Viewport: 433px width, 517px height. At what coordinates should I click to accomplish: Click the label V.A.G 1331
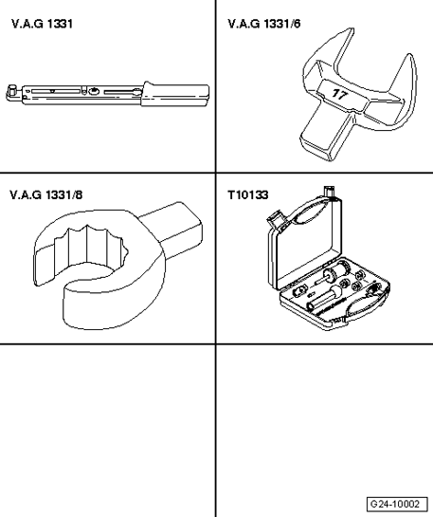[42, 24]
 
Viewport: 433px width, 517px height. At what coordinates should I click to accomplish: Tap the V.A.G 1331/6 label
[264, 24]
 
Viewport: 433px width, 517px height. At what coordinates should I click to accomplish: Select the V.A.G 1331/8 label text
[45, 194]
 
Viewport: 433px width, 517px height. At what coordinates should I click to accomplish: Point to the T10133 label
[248, 194]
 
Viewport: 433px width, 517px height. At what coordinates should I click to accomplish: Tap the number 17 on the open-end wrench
[339, 94]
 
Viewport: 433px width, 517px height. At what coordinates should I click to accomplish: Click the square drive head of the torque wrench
[13, 91]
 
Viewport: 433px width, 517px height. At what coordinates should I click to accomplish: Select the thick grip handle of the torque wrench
[175, 94]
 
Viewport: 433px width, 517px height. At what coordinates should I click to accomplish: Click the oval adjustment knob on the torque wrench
[94, 91]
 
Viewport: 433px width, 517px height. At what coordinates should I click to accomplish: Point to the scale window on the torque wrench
[56, 91]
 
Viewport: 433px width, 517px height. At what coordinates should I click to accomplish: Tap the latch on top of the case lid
[330, 193]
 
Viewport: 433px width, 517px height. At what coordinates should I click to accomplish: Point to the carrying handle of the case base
[367, 304]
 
